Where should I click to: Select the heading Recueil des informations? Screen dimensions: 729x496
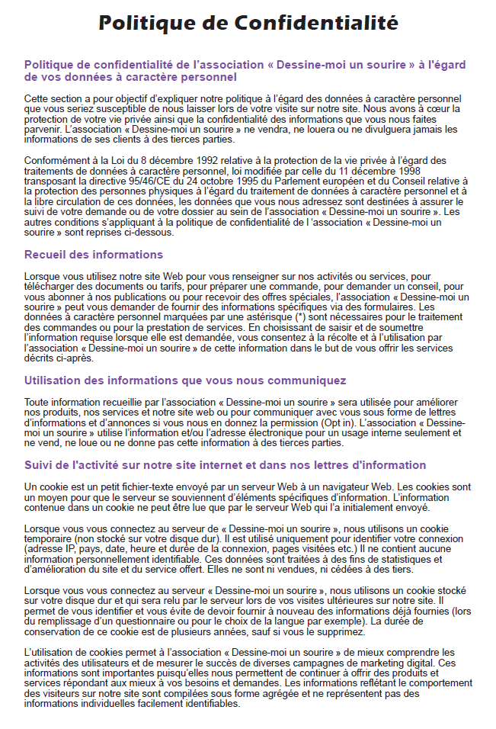(94, 254)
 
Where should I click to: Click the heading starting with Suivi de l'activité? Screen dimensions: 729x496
(225, 465)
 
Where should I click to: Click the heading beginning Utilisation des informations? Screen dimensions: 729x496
(185, 381)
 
